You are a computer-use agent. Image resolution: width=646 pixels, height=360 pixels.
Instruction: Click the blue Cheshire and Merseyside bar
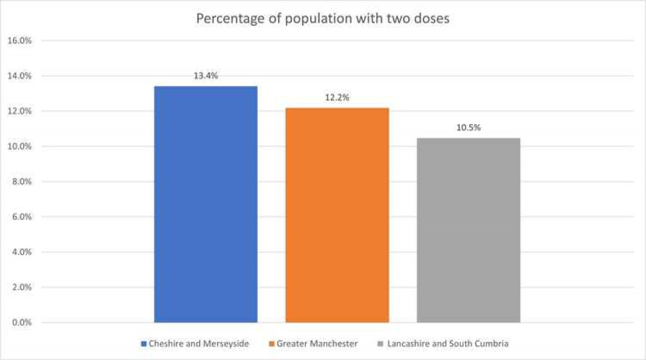(x=205, y=204)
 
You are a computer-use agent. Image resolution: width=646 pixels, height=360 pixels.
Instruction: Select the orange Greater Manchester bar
(x=337, y=215)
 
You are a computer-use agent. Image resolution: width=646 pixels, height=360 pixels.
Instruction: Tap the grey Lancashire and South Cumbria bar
(x=468, y=229)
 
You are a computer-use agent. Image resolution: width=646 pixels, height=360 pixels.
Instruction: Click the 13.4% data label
(x=205, y=76)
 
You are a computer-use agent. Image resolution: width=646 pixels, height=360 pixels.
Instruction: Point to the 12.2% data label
(x=337, y=98)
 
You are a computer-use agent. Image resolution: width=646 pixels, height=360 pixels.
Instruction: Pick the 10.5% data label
(x=468, y=127)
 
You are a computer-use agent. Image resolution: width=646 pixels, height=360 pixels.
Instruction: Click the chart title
(x=322, y=19)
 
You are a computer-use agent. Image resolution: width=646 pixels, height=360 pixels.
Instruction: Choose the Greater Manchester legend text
(x=317, y=343)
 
